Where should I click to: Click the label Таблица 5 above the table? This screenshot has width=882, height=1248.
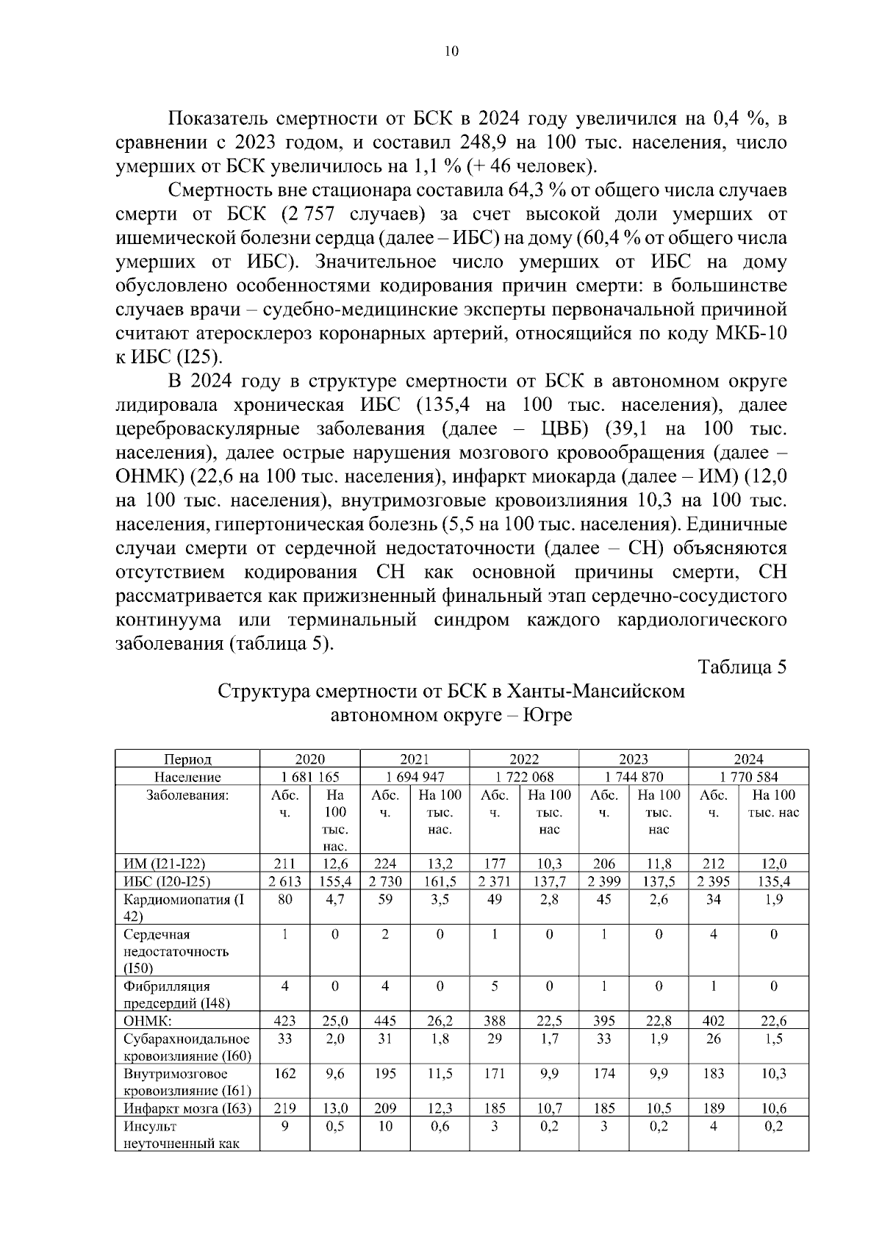click(742, 667)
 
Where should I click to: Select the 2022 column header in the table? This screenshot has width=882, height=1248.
click(523, 759)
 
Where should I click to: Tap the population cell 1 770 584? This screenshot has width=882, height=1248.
click(748, 777)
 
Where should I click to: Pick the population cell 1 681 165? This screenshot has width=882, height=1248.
click(309, 777)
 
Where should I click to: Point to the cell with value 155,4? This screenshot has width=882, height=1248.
click(334, 881)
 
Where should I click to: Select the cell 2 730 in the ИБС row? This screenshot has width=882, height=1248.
click(384, 881)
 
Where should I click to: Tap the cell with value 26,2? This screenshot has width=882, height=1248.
click(439, 1021)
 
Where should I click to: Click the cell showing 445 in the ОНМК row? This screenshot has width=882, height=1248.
click(384, 1021)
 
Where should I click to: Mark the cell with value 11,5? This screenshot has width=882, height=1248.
click(439, 1074)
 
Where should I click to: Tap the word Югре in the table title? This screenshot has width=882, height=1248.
click(546, 715)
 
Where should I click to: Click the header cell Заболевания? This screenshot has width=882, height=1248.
click(187, 795)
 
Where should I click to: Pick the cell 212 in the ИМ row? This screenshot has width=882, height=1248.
click(713, 864)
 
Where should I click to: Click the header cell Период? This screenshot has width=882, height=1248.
click(187, 759)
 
